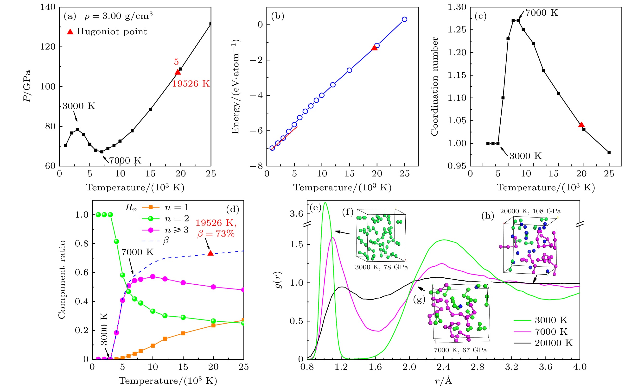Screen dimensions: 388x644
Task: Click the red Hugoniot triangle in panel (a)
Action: coord(178,72)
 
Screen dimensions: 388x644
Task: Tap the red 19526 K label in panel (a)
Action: coord(191,84)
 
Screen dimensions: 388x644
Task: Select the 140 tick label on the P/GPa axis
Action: coord(48,7)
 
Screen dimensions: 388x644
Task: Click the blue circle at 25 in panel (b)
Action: coord(404,19)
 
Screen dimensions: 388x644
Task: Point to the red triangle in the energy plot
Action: coord(374,48)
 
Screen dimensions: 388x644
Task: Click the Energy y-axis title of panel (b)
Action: coord(236,87)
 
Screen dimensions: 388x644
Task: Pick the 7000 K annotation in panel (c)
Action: coord(541,13)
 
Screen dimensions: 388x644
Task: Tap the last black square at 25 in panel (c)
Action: coord(609,152)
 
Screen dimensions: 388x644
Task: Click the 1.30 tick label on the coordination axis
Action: coord(457,7)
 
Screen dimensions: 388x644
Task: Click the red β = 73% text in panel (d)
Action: coord(216,234)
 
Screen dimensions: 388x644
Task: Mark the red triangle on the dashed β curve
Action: coord(210,253)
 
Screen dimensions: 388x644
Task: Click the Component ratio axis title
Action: coord(62,280)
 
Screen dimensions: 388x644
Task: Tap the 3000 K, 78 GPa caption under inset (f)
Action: coord(381,267)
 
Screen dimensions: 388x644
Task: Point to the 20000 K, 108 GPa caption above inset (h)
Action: coord(530,211)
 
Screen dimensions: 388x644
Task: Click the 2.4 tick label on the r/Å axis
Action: coord(443,367)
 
